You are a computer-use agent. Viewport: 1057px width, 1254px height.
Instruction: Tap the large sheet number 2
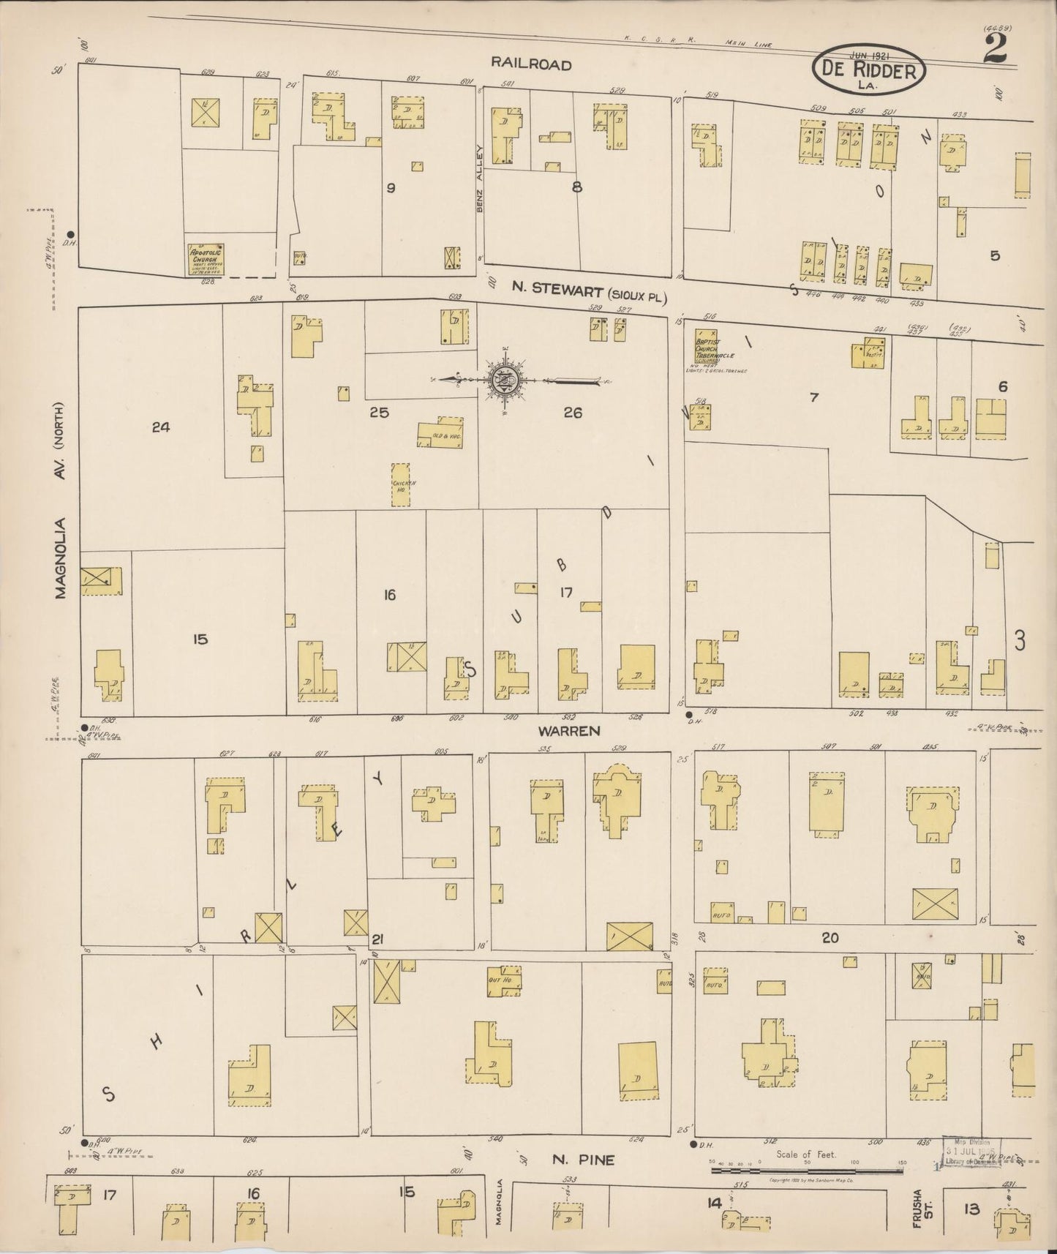click(x=995, y=50)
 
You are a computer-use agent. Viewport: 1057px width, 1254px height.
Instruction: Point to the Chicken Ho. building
click(x=401, y=484)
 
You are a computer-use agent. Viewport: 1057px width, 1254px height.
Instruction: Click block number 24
click(x=161, y=427)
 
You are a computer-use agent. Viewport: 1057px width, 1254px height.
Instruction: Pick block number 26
click(x=573, y=413)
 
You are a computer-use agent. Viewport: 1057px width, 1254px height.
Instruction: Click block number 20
click(x=830, y=937)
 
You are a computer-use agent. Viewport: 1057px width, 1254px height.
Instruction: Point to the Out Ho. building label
click(x=499, y=979)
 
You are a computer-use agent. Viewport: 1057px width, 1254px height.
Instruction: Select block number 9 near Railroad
click(x=391, y=188)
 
